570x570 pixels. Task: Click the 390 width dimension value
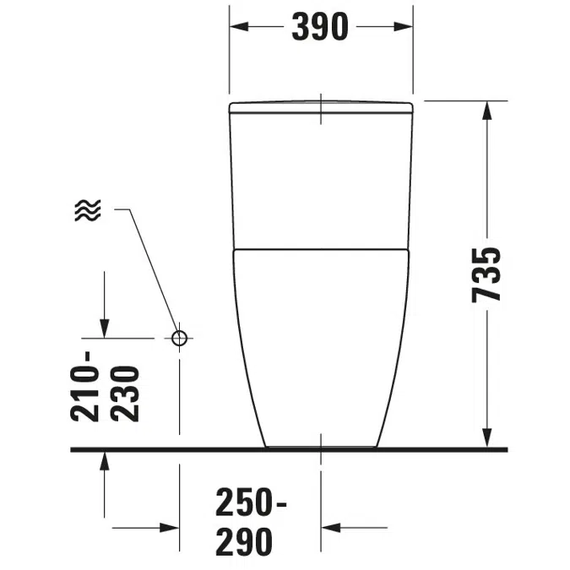[x=320, y=27]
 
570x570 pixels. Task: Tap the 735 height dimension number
[x=487, y=274]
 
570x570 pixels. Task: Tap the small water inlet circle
[x=179, y=338]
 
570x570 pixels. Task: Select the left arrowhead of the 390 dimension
[x=237, y=27]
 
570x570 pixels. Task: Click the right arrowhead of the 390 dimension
[x=405, y=27]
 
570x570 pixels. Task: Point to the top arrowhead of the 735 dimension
[x=487, y=109]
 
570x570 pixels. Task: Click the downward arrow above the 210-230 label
[x=104, y=328]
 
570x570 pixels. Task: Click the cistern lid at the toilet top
[x=321, y=106]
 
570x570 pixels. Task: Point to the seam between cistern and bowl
[x=321, y=249]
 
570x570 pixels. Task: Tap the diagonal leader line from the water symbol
[x=152, y=270]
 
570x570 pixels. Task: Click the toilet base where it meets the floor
[x=321, y=446]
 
